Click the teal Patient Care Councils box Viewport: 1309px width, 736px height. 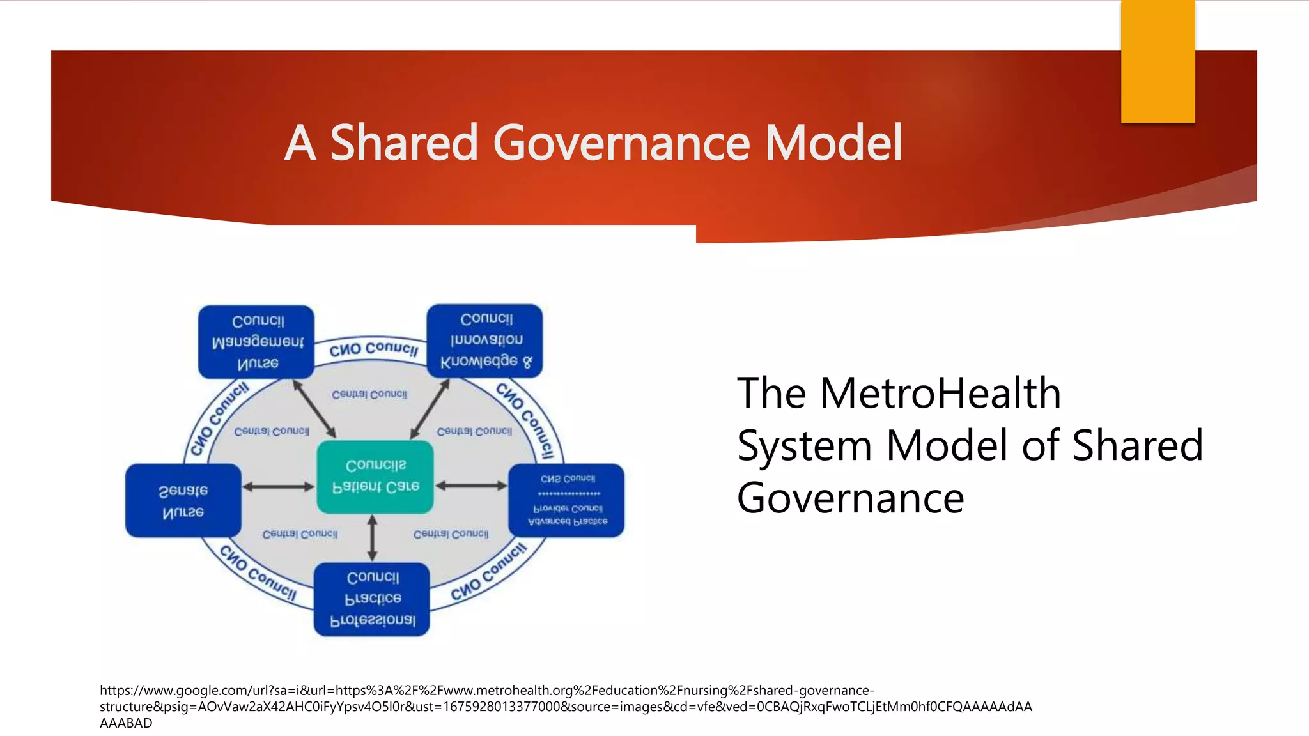click(375, 477)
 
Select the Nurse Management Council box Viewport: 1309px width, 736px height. click(256, 342)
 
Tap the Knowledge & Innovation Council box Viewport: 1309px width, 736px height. click(484, 341)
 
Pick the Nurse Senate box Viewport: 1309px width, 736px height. click(183, 501)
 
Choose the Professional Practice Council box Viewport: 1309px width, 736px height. click(371, 599)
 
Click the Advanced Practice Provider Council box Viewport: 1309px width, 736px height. click(566, 500)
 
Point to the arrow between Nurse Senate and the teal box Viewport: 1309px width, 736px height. click(279, 487)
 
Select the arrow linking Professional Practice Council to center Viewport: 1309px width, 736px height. click(373, 538)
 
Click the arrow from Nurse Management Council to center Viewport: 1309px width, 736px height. click(314, 409)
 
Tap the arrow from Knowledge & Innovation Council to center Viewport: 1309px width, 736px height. click(430, 409)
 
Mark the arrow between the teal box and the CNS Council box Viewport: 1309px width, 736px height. click(471, 486)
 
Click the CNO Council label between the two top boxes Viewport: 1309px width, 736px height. click(374, 349)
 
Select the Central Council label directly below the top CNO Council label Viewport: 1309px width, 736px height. click(369, 394)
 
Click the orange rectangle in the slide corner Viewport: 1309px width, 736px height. click(1158, 61)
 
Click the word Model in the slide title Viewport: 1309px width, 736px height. click(833, 143)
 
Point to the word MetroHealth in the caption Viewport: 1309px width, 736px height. click(940, 392)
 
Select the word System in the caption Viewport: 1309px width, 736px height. click(804, 445)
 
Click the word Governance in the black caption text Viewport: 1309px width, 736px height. click(850, 498)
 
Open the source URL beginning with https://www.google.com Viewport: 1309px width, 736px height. click(486, 691)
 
